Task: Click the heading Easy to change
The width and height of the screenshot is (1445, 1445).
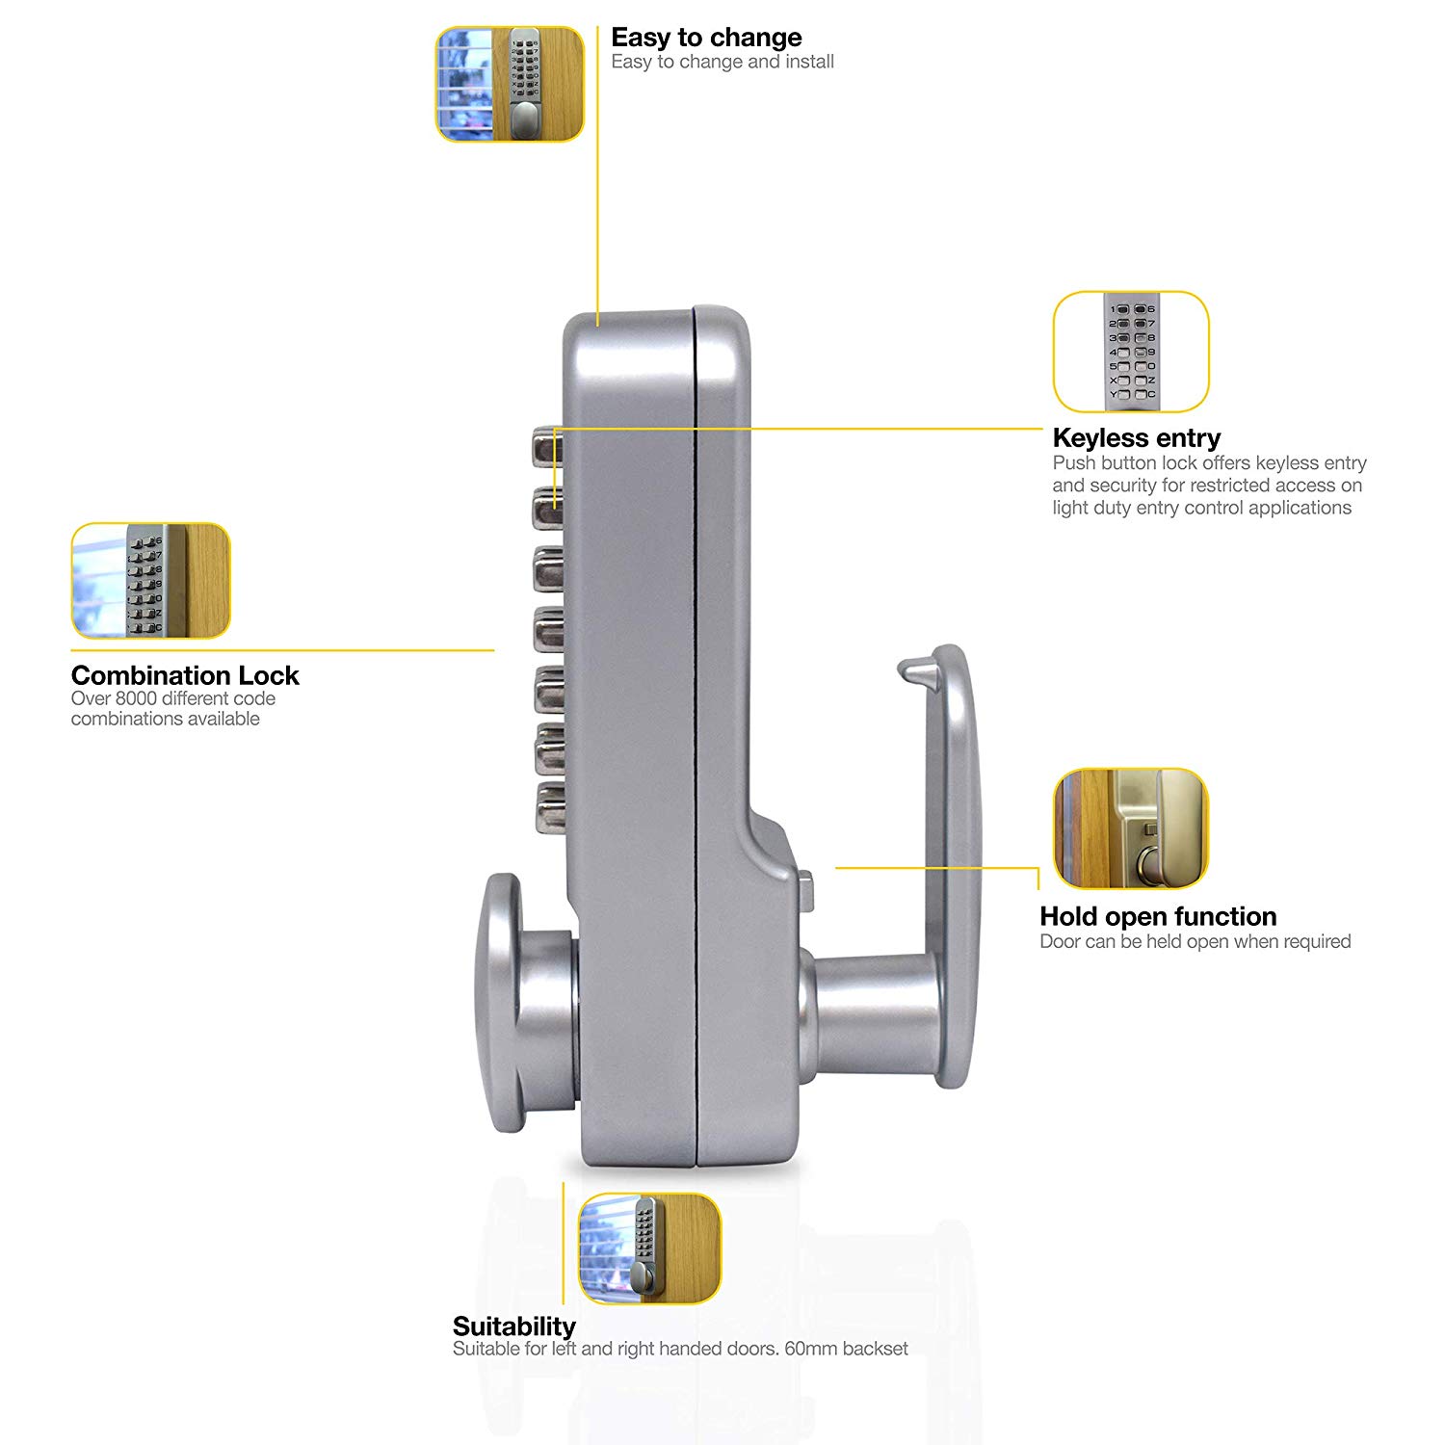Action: click(x=706, y=38)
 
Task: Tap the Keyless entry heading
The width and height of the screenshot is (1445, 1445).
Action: click(x=1136, y=438)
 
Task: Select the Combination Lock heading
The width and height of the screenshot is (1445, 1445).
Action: click(x=185, y=675)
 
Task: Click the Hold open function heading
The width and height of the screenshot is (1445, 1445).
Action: click(x=1158, y=916)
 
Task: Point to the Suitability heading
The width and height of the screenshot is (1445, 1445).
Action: click(x=513, y=1327)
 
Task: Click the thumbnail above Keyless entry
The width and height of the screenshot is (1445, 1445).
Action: click(x=1130, y=352)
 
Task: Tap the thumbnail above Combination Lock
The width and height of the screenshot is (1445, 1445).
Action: click(x=151, y=581)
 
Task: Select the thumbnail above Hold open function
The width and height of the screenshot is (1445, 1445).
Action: click(x=1130, y=828)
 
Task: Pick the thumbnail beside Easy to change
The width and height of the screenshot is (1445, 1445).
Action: click(x=510, y=84)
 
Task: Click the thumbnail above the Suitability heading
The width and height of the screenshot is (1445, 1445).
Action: click(x=649, y=1248)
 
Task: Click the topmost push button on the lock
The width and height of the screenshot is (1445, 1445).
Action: click(x=546, y=446)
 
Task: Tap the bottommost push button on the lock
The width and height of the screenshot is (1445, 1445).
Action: click(x=550, y=807)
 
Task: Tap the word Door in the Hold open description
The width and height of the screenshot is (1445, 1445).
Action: click(x=1060, y=941)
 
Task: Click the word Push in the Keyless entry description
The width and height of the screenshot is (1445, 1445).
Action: click(x=1074, y=463)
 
